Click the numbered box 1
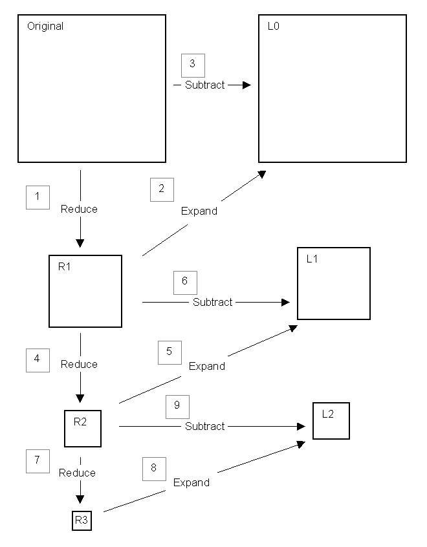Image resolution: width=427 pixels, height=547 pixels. coord(38,197)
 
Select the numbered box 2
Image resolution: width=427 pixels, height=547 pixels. coord(162,189)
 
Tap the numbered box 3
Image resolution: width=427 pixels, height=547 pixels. coord(192,65)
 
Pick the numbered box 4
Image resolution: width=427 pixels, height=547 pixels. coord(38,359)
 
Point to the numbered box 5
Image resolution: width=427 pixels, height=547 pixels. coord(170,352)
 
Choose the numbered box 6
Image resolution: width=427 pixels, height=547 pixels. coord(185,282)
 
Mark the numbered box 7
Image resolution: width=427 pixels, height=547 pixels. coord(38,460)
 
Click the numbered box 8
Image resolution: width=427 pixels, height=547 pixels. coord(154,468)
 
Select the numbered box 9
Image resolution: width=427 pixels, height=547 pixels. coord(177,406)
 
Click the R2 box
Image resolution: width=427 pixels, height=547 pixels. coord(83,428)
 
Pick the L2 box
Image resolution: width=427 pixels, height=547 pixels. coord(331,421)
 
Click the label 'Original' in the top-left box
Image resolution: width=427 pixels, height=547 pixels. coord(45,27)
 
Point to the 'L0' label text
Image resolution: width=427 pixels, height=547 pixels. coord(273,27)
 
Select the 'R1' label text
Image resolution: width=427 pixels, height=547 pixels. coord(64,266)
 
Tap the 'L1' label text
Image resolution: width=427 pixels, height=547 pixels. coord(312,259)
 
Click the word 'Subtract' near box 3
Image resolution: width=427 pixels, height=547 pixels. coord(204,85)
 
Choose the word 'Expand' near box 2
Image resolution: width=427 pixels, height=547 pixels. coord(199,211)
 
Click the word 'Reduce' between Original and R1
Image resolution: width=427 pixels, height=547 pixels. coord(79,209)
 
